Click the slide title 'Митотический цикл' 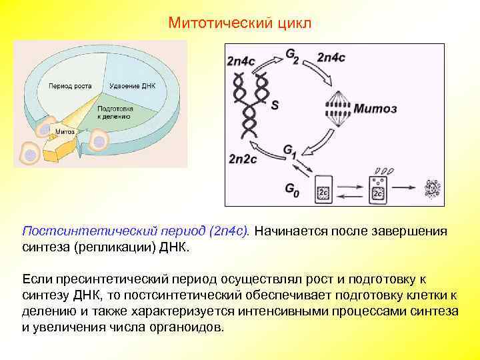(x=239, y=23)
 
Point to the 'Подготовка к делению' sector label (x=115, y=111)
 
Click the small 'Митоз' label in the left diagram (x=65, y=131)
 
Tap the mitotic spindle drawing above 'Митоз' (x=341, y=107)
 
